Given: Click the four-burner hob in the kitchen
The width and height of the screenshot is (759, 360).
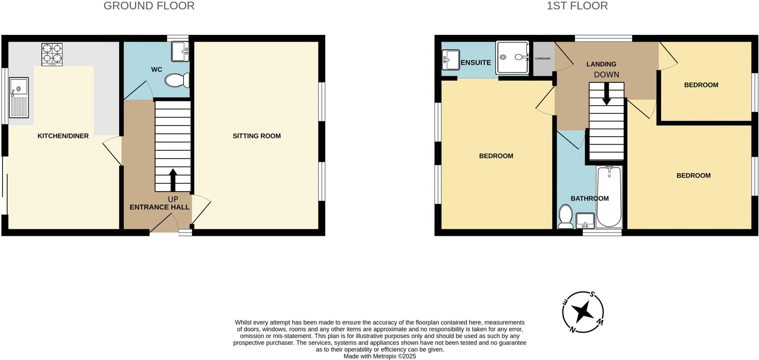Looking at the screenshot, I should click(52, 54).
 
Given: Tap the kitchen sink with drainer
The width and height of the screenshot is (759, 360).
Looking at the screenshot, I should click(19, 97).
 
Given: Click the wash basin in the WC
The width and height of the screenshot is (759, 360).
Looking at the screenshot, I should click(180, 52).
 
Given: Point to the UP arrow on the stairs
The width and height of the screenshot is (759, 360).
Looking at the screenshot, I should click(173, 180).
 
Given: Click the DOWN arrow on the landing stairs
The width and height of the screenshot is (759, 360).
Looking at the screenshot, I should click(606, 94).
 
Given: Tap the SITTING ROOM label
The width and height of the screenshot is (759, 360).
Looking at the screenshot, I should click(256, 136).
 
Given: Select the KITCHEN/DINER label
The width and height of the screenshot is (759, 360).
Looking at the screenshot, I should click(63, 136).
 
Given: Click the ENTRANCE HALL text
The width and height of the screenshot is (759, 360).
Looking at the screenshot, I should click(159, 207).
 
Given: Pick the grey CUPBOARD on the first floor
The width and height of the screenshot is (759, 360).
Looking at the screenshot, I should click(543, 59).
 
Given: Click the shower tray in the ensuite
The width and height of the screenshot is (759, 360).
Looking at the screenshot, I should click(513, 57).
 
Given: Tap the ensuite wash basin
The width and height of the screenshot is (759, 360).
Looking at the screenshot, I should click(451, 60).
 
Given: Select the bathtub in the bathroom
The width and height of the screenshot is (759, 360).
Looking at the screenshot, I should click(609, 196).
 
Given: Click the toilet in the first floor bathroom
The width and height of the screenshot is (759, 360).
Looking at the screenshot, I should click(566, 217).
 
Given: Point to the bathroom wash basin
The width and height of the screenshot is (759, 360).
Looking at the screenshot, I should click(585, 221).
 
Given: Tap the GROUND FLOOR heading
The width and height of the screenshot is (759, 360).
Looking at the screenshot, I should click(149, 6).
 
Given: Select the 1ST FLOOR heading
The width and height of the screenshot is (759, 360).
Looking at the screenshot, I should click(577, 6).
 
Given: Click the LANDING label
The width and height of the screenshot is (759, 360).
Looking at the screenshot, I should click(601, 64).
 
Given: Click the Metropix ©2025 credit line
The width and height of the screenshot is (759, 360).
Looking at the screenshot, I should click(379, 356).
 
